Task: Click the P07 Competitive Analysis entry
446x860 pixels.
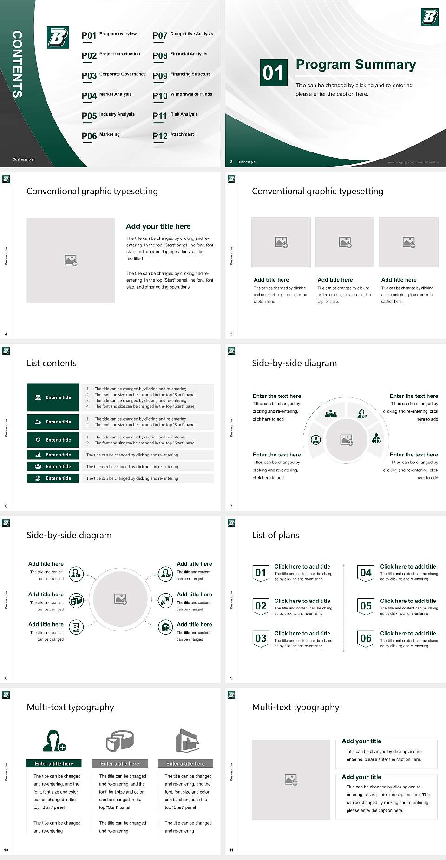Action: (x=183, y=35)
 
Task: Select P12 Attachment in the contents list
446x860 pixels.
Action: (x=173, y=135)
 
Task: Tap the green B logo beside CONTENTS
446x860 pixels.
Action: (x=58, y=38)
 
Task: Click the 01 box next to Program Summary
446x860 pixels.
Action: (x=273, y=72)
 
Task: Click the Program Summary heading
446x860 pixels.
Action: (x=355, y=65)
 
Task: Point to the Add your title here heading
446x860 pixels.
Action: (x=158, y=226)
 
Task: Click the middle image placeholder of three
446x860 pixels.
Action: (x=345, y=242)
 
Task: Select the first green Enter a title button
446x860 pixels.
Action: (x=53, y=397)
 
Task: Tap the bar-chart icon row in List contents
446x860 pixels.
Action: (x=53, y=455)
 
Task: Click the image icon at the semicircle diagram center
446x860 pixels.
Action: (x=347, y=440)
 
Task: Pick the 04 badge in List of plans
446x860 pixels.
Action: (x=366, y=573)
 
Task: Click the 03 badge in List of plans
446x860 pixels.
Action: (x=261, y=638)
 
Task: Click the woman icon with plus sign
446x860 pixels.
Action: (x=54, y=741)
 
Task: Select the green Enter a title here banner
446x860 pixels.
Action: (x=54, y=763)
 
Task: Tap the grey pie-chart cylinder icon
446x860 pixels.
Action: (x=120, y=741)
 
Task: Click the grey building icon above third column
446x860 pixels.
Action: (x=187, y=741)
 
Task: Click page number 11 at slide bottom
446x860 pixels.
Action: (x=231, y=850)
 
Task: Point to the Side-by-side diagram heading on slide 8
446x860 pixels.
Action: (x=69, y=535)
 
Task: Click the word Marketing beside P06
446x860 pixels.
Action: (x=110, y=134)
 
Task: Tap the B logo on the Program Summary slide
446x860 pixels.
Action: (x=430, y=17)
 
